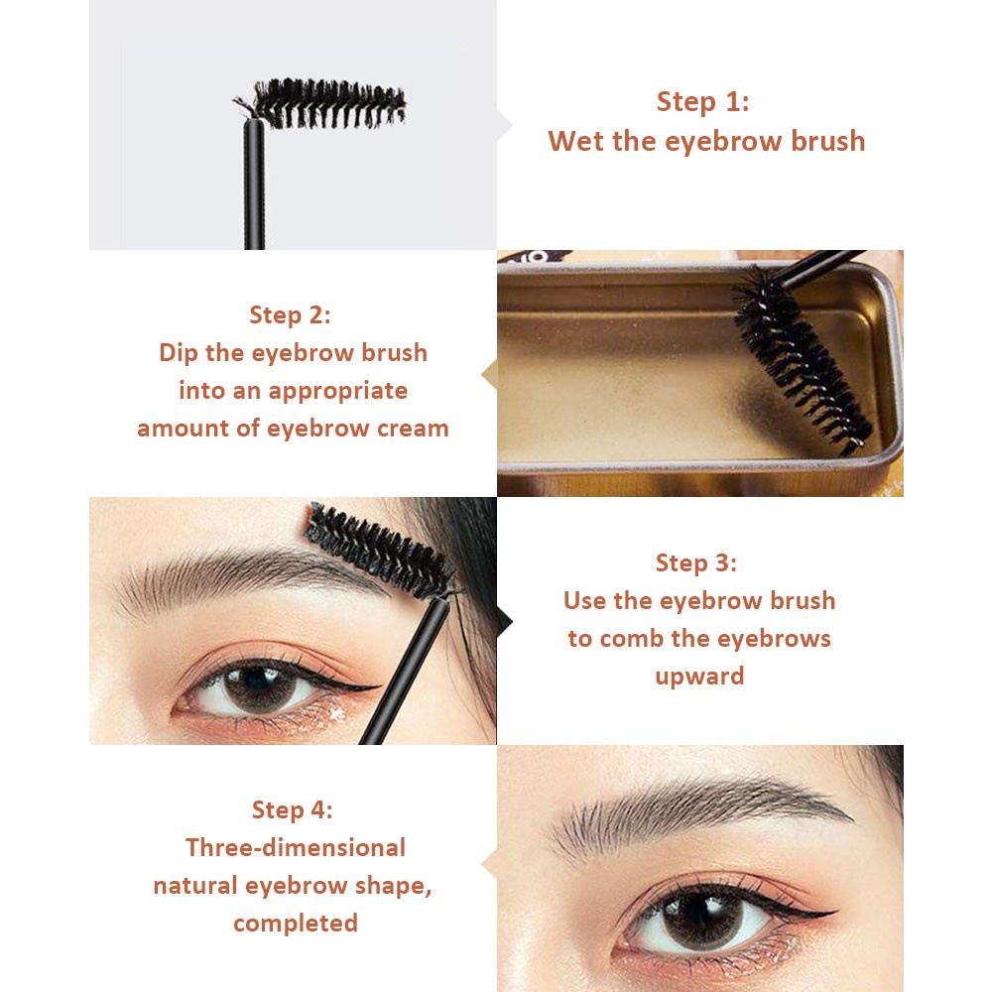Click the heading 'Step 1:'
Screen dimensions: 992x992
(702, 102)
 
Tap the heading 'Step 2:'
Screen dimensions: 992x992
(290, 315)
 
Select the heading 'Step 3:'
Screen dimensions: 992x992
(696, 563)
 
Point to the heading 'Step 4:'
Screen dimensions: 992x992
(293, 809)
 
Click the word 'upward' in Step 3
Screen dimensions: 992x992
(699, 677)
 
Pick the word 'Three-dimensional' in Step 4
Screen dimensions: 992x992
(296, 848)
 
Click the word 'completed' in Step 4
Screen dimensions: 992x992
(296, 924)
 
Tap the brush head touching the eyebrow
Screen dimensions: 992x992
(380, 551)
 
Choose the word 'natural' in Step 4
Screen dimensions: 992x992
(194, 886)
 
